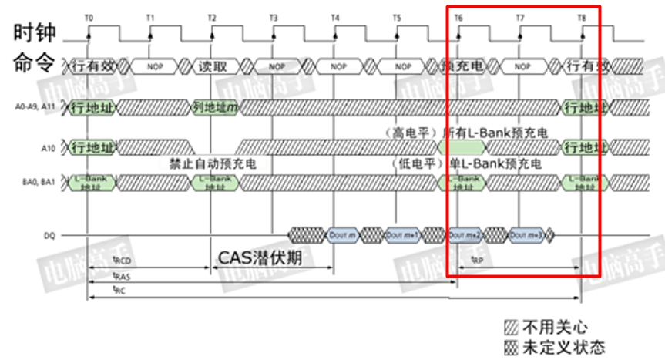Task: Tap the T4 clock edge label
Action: (x=334, y=17)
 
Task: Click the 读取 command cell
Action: (x=212, y=66)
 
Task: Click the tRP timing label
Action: (x=477, y=261)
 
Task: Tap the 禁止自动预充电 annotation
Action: (x=208, y=163)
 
